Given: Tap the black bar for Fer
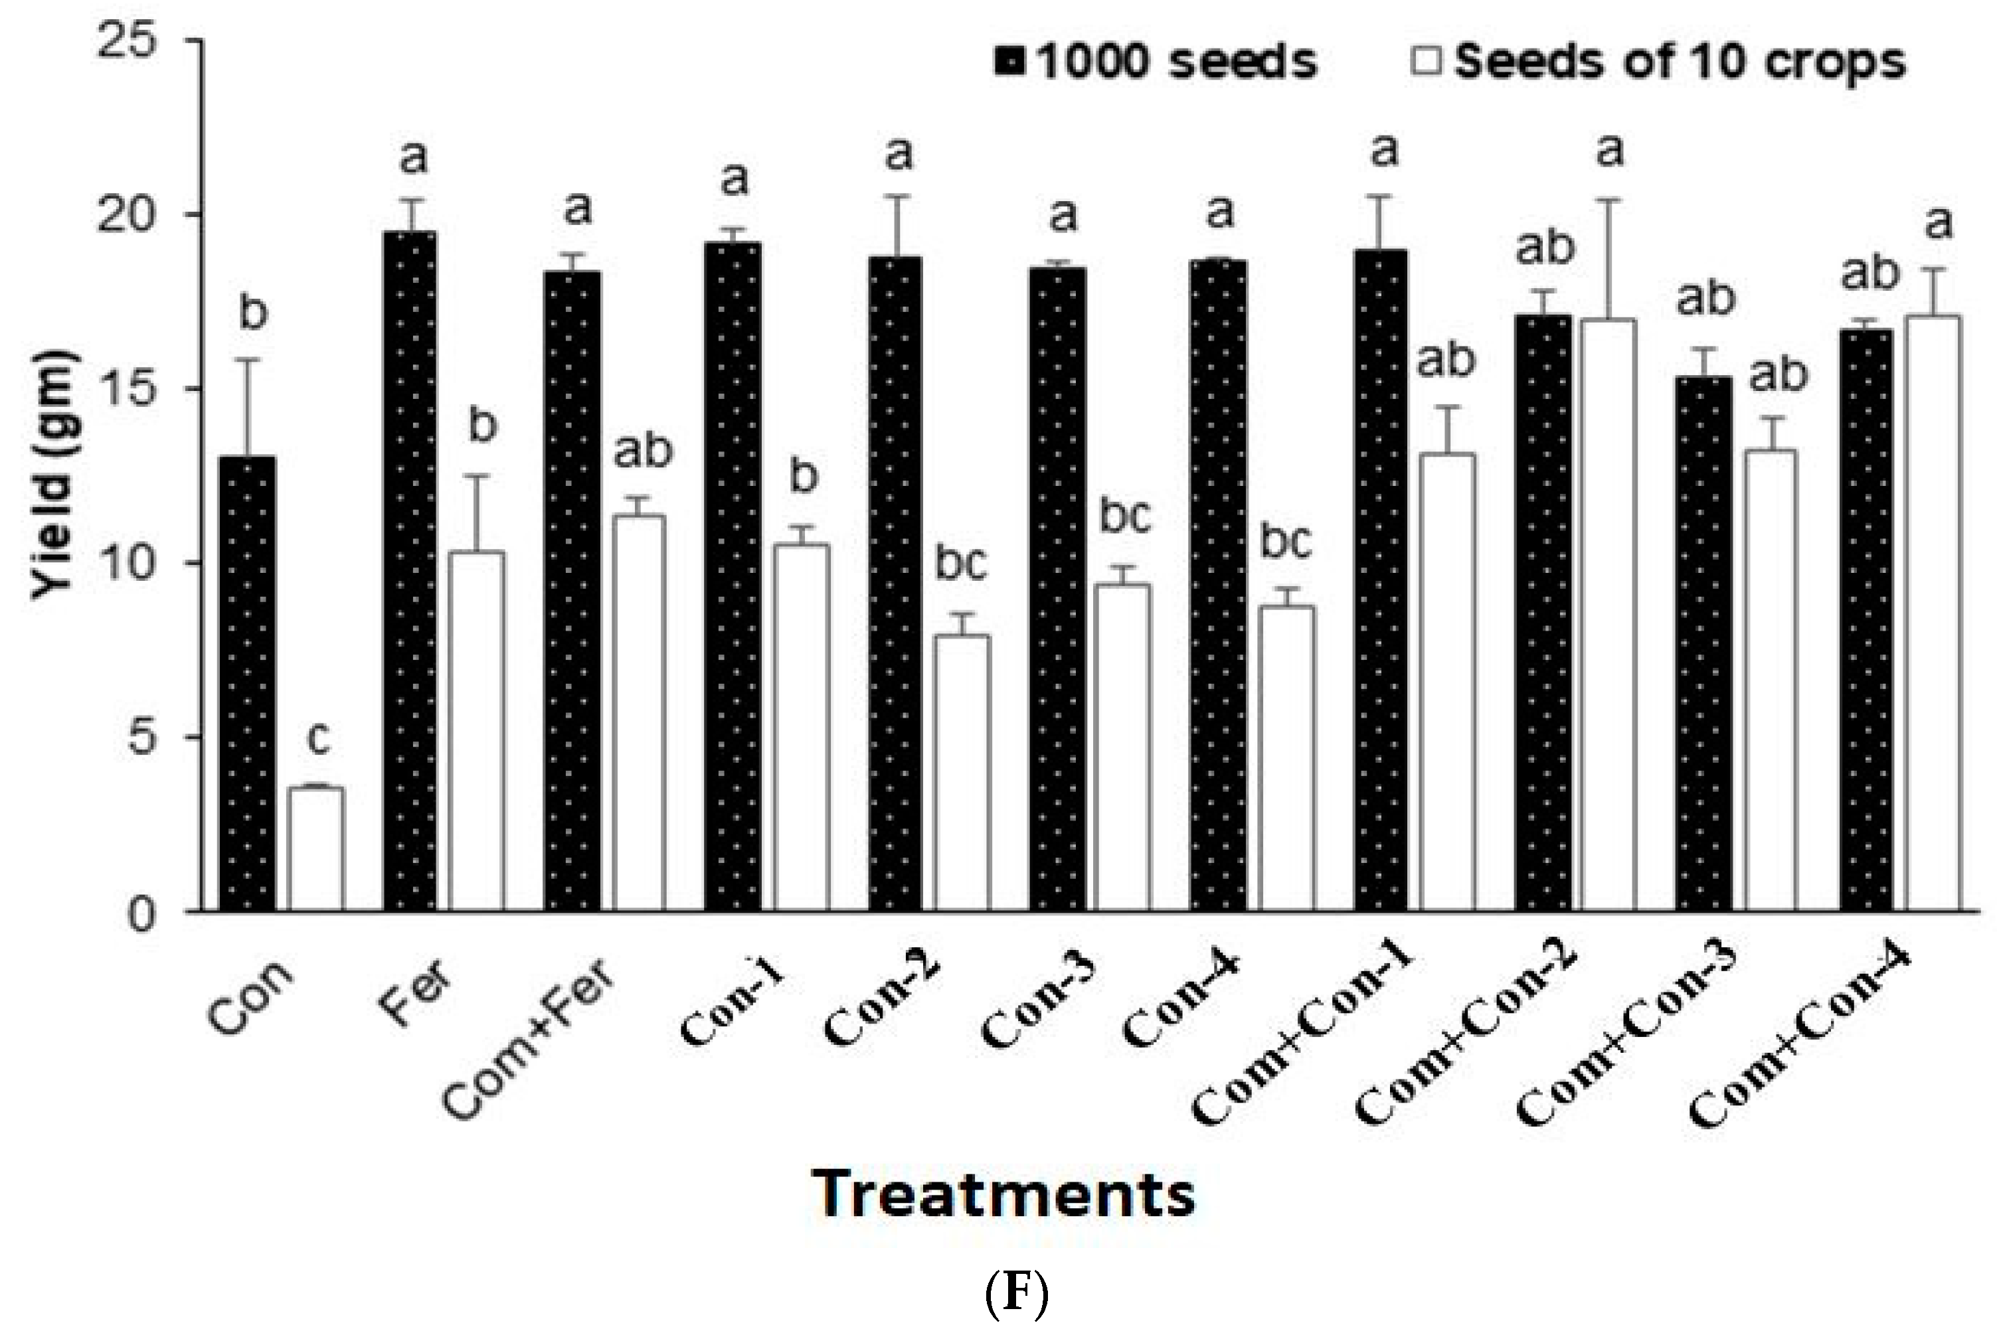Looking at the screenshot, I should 410,572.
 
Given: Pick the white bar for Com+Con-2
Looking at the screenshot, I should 1608,615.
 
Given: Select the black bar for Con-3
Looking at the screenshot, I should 1058,590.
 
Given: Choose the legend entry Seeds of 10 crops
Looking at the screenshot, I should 1659,61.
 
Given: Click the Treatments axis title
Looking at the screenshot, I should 1003,1194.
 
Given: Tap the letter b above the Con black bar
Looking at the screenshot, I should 253,312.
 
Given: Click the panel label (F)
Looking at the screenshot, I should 1017,1293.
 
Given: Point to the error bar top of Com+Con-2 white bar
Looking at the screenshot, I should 1608,200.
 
